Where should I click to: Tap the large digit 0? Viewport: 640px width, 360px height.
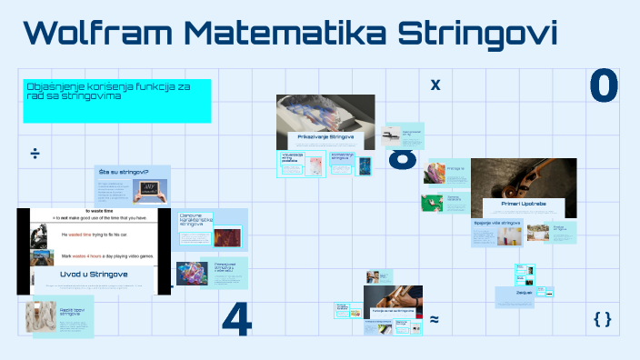click(x=604, y=86)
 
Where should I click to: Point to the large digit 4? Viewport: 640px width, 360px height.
click(x=236, y=318)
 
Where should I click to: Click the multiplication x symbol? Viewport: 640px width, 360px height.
click(x=435, y=85)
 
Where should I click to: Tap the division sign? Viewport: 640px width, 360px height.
click(x=35, y=153)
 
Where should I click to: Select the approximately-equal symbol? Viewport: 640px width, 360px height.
click(x=435, y=319)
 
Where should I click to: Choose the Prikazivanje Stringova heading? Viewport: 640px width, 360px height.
click(x=325, y=137)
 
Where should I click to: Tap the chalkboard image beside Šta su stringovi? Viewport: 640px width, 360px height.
click(x=148, y=190)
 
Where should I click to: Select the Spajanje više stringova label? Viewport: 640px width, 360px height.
click(x=497, y=222)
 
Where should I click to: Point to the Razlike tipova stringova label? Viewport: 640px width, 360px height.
click(x=72, y=313)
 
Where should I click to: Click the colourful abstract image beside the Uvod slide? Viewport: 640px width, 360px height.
click(x=194, y=274)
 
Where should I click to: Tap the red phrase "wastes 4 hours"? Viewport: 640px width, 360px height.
click(x=92, y=257)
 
